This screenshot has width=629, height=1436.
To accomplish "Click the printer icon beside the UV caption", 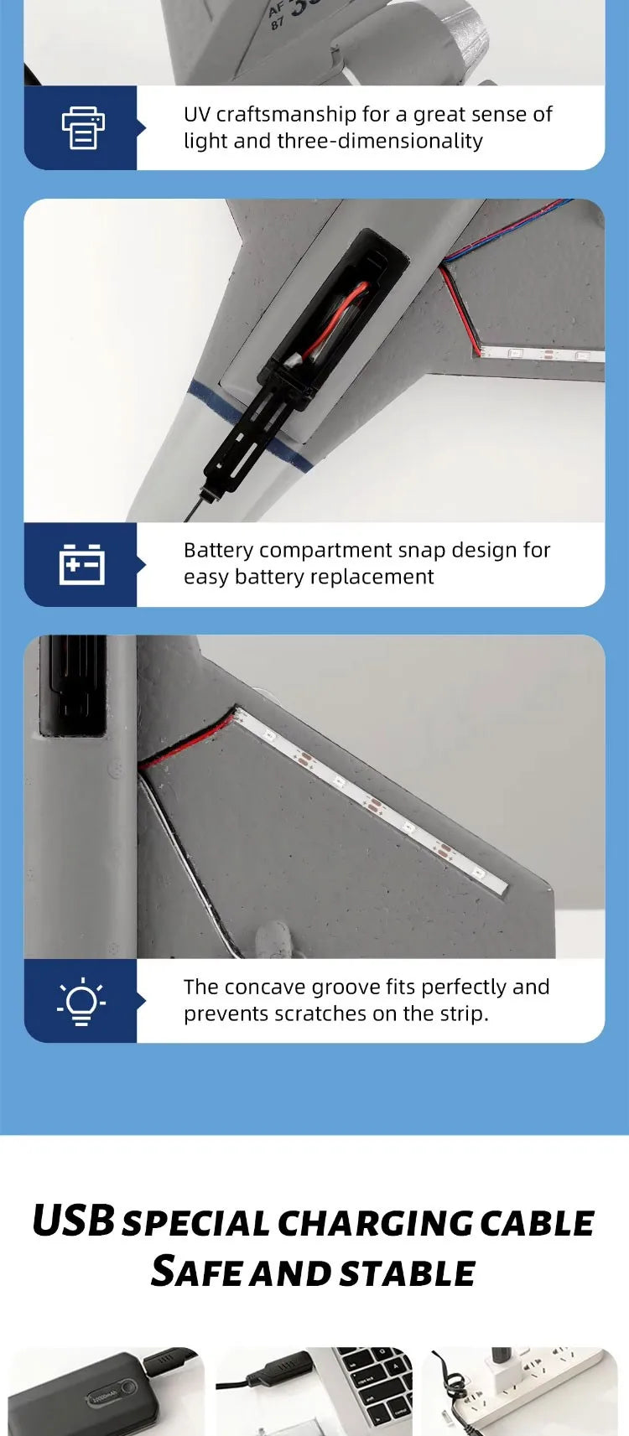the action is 83,127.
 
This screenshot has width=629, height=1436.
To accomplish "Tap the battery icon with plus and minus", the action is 82,564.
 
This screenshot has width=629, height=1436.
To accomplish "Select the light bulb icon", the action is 81,1002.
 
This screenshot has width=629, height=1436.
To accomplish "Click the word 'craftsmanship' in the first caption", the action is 286,115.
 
